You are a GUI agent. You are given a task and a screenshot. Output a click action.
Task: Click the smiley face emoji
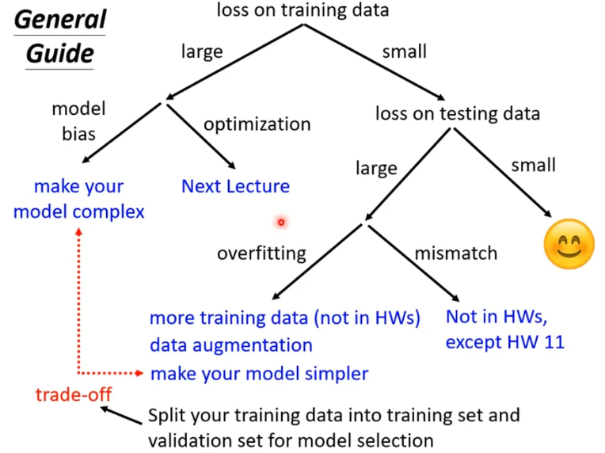click(569, 242)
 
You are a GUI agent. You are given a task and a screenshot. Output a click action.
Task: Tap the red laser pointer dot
click(280, 223)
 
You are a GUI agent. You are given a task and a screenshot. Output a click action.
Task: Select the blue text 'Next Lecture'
click(235, 187)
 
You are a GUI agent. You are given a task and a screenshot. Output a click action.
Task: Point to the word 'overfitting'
click(261, 253)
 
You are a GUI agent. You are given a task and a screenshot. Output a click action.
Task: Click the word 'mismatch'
click(456, 253)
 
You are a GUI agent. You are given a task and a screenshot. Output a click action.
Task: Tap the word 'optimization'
click(257, 124)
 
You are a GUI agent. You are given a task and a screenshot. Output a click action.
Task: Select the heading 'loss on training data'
click(302, 11)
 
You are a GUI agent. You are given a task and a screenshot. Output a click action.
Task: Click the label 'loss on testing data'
click(458, 113)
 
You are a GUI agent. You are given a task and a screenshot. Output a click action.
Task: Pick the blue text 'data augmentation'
click(230, 345)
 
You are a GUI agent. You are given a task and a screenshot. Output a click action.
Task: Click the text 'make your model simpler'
click(259, 372)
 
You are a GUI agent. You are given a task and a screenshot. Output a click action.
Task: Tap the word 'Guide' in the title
click(60, 54)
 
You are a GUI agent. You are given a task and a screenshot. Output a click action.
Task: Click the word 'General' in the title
click(59, 19)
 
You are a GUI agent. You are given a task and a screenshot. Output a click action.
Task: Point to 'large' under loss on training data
click(202, 52)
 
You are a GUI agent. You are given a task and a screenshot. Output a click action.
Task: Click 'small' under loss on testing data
click(533, 166)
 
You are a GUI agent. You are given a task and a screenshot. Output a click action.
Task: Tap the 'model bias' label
click(78, 120)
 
